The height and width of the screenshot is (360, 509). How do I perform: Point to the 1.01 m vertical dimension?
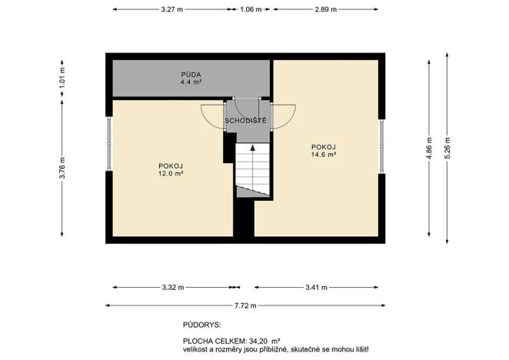pyautogui.click(x=62, y=78)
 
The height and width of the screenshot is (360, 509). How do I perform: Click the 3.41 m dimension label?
pyautogui.click(x=317, y=288)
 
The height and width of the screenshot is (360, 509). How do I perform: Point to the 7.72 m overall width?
pyautogui.click(x=245, y=305)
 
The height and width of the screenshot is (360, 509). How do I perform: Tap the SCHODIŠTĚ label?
pyautogui.click(x=245, y=121)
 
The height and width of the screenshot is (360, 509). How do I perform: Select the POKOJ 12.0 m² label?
pyautogui.click(x=170, y=169)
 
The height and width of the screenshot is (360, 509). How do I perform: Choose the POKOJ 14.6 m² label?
pyautogui.click(x=324, y=150)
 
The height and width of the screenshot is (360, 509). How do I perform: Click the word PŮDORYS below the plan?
pyautogui.click(x=202, y=325)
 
